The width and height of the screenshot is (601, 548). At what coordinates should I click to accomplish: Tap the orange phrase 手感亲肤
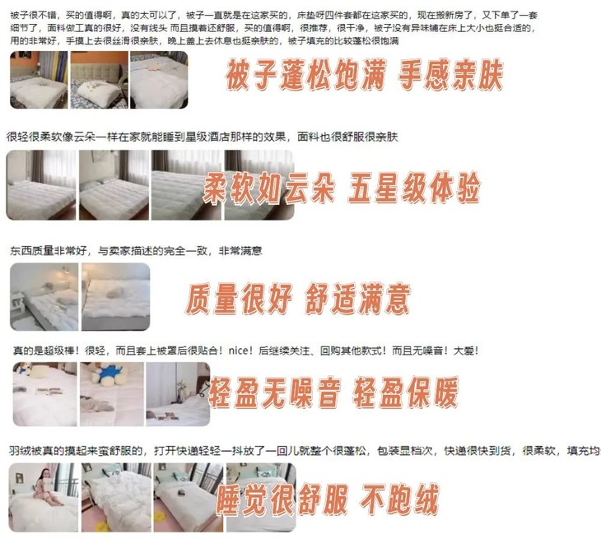coord(450,78)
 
